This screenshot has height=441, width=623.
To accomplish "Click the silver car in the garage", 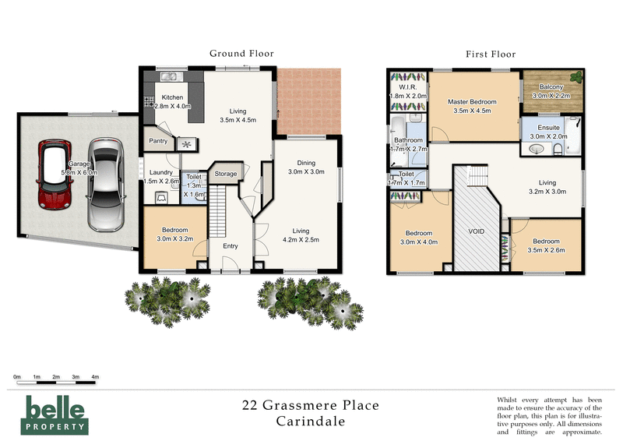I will (106, 184).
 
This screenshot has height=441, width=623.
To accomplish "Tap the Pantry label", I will (157, 142).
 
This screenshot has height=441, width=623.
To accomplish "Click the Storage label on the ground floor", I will (226, 174).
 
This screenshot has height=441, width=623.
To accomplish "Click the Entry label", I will (231, 246).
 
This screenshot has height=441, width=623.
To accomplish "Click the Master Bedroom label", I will (473, 102).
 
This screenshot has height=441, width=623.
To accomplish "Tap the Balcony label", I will (551, 88).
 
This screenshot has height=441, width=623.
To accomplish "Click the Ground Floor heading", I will (241, 54).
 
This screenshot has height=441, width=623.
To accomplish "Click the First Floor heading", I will (491, 54).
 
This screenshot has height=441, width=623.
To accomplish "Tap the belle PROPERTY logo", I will (55, 414).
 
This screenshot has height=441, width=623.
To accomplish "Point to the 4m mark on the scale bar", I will (95, 377).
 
